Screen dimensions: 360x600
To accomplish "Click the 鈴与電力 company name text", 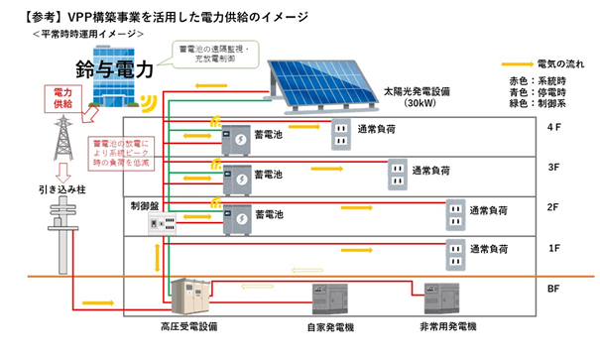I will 113,70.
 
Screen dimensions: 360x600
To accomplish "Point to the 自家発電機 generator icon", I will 329,296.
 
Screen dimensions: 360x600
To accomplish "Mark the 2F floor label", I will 553,209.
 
